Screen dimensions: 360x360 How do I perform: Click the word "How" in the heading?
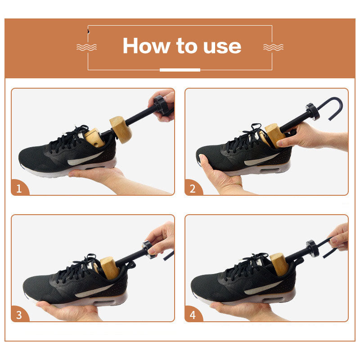pyautogui.click(x=140, y=45)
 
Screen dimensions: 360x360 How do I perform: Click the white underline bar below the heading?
pyautogui.click(x=180, y=70)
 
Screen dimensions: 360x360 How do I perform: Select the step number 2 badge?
pyautogui.click(x=193, y=189)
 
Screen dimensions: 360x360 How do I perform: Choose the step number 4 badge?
pyautogui.click(x=193, y=315)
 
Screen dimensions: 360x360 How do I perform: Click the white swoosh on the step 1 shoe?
pyautogui.click(x=85, y=159)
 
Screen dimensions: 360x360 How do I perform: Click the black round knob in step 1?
pyautogui.click(x=161, y=104)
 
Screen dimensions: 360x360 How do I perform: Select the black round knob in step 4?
pyautogui.click(x=312, y=247)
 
